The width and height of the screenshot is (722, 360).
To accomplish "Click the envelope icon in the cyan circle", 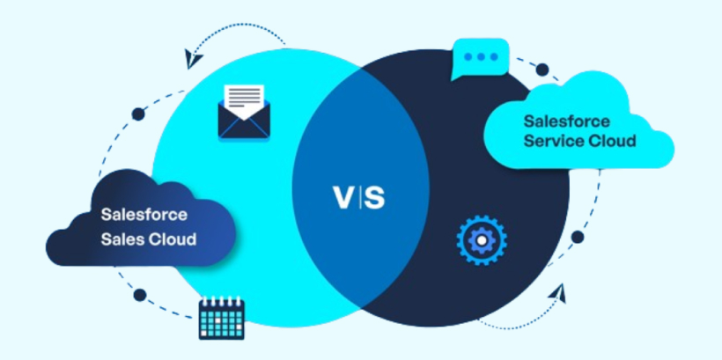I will (242, 112).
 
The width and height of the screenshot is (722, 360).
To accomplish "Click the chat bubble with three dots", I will (481, 57).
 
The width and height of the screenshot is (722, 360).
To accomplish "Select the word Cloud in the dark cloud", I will (171, 239).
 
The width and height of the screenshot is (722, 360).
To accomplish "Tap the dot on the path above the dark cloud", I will (138, 114).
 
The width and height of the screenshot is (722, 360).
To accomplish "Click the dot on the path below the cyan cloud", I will (578, 237).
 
